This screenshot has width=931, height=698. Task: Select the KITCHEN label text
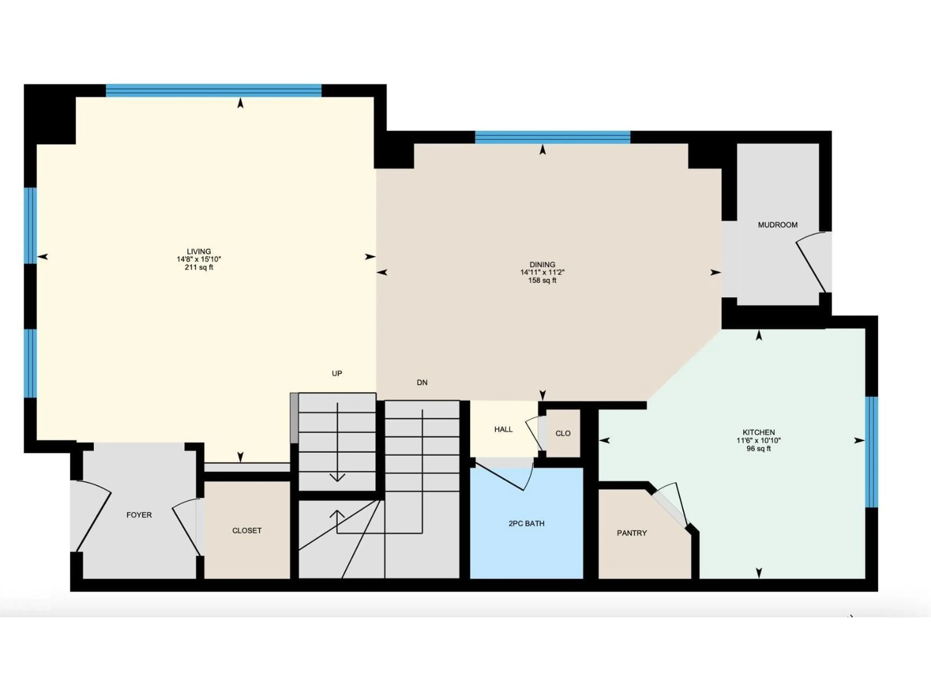click(x=758, y=432)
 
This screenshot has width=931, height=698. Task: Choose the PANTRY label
click(x=631, y=533)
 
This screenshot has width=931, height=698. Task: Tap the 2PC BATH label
click(x=526, y=523)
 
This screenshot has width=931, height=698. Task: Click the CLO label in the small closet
click(x=563, y=433)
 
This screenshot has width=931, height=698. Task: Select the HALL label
click(x=503, y=429)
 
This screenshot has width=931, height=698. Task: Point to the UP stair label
click(x=337, y=373)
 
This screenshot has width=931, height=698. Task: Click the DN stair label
click(x=422, y=382)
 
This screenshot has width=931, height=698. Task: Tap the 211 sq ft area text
click(x=199, y=267)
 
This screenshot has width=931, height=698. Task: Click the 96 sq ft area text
click(x=758, y=449)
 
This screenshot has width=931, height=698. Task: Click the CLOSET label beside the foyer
click(x=247, y=531)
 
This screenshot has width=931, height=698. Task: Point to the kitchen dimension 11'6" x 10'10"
click(x=758, y=441)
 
